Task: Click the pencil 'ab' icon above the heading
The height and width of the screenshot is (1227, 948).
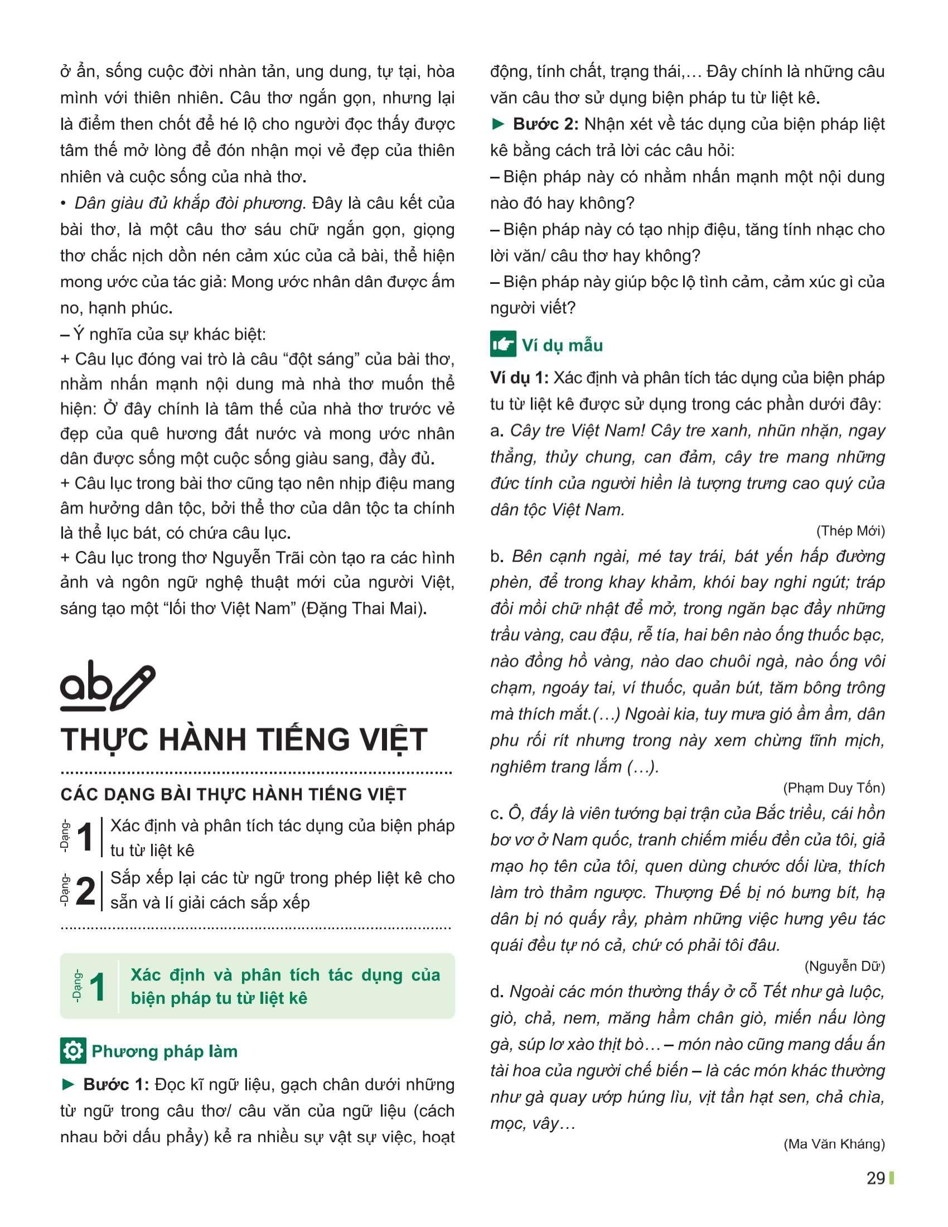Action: pyautogui.click(x=107, y=688)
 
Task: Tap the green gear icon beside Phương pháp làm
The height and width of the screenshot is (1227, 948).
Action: pyautogui.click(x=73, y=1051)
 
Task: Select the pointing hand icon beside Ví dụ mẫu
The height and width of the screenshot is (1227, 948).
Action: pyautogui.click(x=502, y=344)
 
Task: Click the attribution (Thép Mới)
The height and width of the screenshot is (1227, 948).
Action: pyautogui.click(x=850, y=531)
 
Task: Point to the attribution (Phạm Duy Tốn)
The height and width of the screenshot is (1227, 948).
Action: pyautogui.click(x=836, y=788)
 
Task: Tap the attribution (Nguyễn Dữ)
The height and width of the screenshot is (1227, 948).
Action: pyautogui.click(x=845, y=967)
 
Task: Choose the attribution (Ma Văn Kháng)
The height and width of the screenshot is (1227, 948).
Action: pyautogui.click(x=834, y=1144)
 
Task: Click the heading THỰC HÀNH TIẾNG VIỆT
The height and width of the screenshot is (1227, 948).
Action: pyautogui.click(x=244, y=740)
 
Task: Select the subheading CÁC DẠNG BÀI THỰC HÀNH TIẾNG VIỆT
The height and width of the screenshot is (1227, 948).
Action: pyautogui.click(x=233, y=794)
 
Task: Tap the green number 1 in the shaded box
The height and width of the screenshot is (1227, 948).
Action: pyautogui.click(x=97, y=987)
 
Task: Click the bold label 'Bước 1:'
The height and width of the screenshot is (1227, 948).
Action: pyautogui.click(x=115, y=1085)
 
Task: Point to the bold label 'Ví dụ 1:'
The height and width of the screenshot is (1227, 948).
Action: pyautogui.click(x=519, y=378)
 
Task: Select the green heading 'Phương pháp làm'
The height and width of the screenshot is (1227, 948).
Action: pyautogui.click(x=165, y=1052)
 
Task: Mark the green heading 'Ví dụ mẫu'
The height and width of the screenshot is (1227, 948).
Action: pyautogui.click(x=562, y=345)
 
